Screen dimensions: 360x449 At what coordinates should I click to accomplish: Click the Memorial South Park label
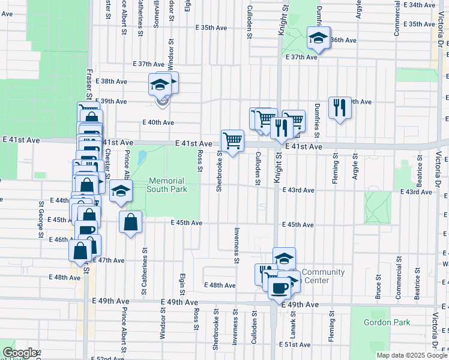click(x=167, y=185)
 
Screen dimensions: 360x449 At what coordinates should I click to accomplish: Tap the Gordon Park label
click(x=387, y=322)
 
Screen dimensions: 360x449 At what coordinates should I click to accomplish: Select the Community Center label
click(x=323, y=276)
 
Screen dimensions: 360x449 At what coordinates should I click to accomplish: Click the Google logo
click(x=20, y=353)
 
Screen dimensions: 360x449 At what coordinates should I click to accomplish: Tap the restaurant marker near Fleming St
click(x=340, y=108)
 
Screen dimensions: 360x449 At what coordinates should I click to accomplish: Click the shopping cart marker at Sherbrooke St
click(x=232, y=141)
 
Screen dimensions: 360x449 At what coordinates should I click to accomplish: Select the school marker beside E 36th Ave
click(x=318, y=38)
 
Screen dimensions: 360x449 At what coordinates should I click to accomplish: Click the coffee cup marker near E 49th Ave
click(x=279, y=287)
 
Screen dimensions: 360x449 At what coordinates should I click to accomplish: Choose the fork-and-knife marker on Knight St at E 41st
click(x=280, y=128)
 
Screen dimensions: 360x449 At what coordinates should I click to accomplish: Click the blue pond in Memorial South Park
click(x=142, y=158)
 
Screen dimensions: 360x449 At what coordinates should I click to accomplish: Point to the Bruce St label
click(x=378, y=287)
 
